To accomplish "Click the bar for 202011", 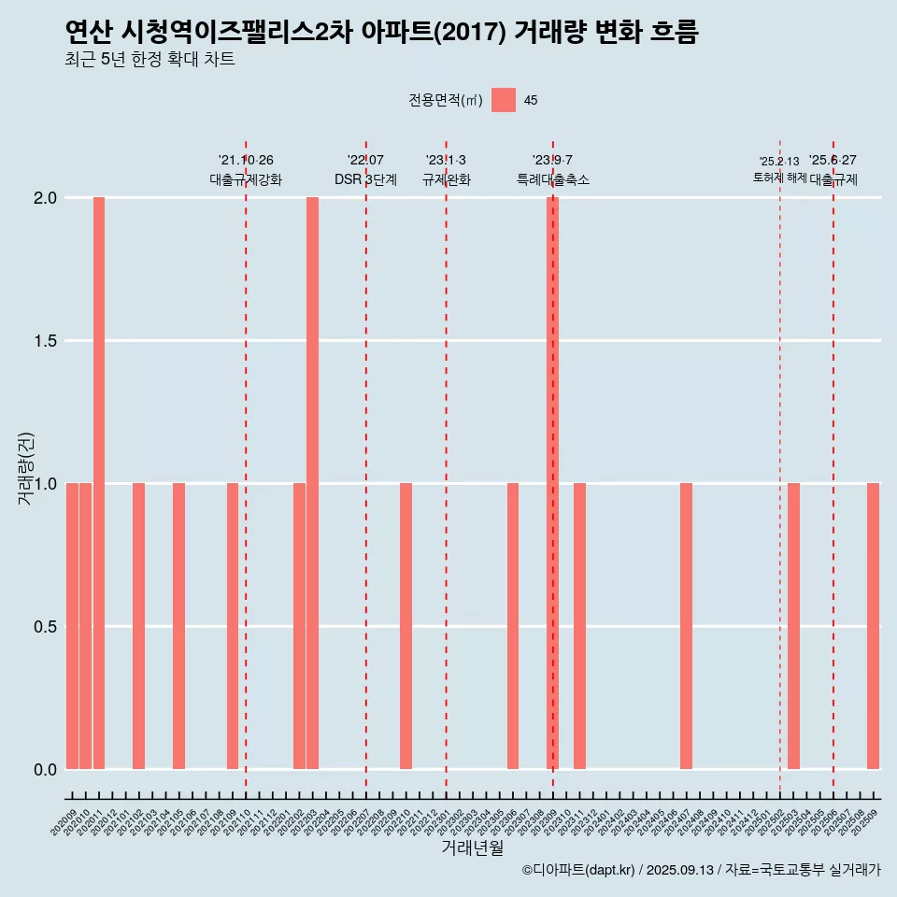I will point(99,483).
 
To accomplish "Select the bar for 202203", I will point(313,483).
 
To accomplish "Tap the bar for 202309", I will point(553,483).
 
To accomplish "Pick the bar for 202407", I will point(687,626).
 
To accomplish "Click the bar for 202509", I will point(874,626).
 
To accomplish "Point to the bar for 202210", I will point(406,626).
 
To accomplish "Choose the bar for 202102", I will point(139,626).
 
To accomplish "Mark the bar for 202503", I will point(793,626).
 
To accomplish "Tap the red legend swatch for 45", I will point(504,100).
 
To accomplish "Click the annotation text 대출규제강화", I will point(246,179).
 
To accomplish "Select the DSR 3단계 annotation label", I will point(366,179).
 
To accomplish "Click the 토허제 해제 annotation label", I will point(780,178).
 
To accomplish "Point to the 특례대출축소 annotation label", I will point(553,179).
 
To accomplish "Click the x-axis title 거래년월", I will point(472,848).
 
